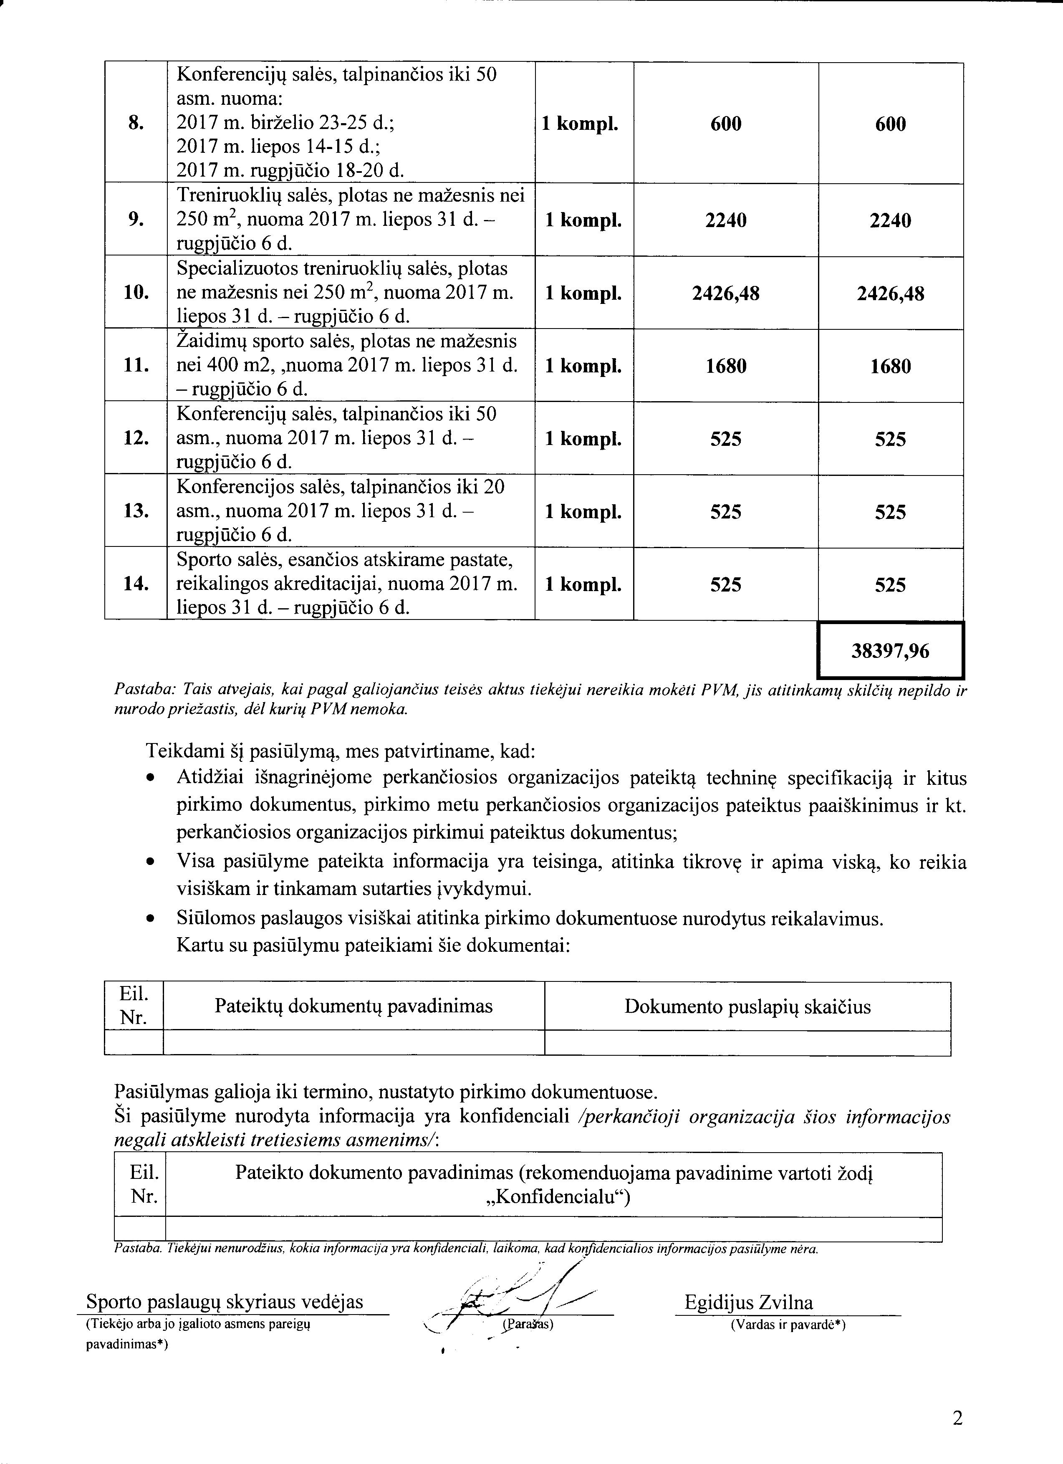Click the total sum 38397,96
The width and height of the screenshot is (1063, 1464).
pyautogui.click(x=890, y=651)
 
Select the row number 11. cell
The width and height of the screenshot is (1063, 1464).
pyautogui.click(x=136, y=366)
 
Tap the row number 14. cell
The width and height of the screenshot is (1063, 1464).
pyautogui.click(x=136, y=584)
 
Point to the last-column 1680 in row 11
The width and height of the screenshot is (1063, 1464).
pyautogui.click(x=890, y=366)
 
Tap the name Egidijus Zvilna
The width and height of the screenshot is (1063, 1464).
pyautogui.click(x=749, y=1302)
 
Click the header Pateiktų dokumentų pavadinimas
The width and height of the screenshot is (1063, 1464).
pyautogui.click(x=353, y=1006)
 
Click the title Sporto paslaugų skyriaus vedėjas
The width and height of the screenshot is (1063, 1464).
pyautogui.click(x=224, y=1302)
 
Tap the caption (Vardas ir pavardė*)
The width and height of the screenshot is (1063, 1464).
pyautogui.click(x=788, y=1325)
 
